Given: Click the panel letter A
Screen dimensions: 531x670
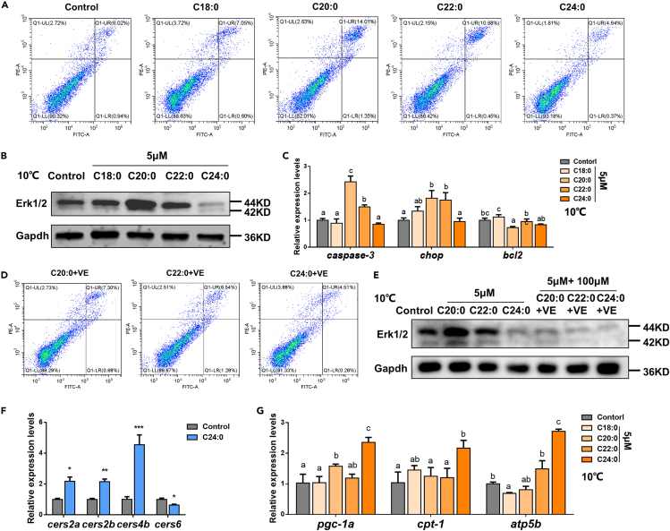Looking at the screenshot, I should (x=6, y=7).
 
